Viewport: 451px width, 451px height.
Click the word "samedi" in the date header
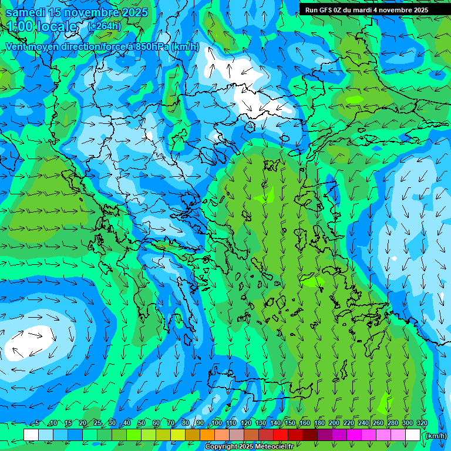click(x=25, y=12)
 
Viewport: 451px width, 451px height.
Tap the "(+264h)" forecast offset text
click(x=105, y=26)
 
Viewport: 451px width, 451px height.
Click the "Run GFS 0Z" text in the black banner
click(x=324, y=10)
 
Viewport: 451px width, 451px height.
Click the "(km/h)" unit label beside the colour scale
click(x=436, y=436)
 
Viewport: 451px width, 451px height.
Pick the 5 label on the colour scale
click(x=36, y=423)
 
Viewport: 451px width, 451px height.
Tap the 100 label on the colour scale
click(x=216, y=423)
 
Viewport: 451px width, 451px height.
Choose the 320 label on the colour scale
click(x=422, y=423)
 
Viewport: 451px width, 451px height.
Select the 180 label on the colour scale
click(x=319, y=423)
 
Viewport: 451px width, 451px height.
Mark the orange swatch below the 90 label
click(x=207, y=435)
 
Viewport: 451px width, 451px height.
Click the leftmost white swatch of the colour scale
click(x=31, y=435)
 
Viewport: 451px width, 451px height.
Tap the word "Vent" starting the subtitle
click(x=17, y=46)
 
